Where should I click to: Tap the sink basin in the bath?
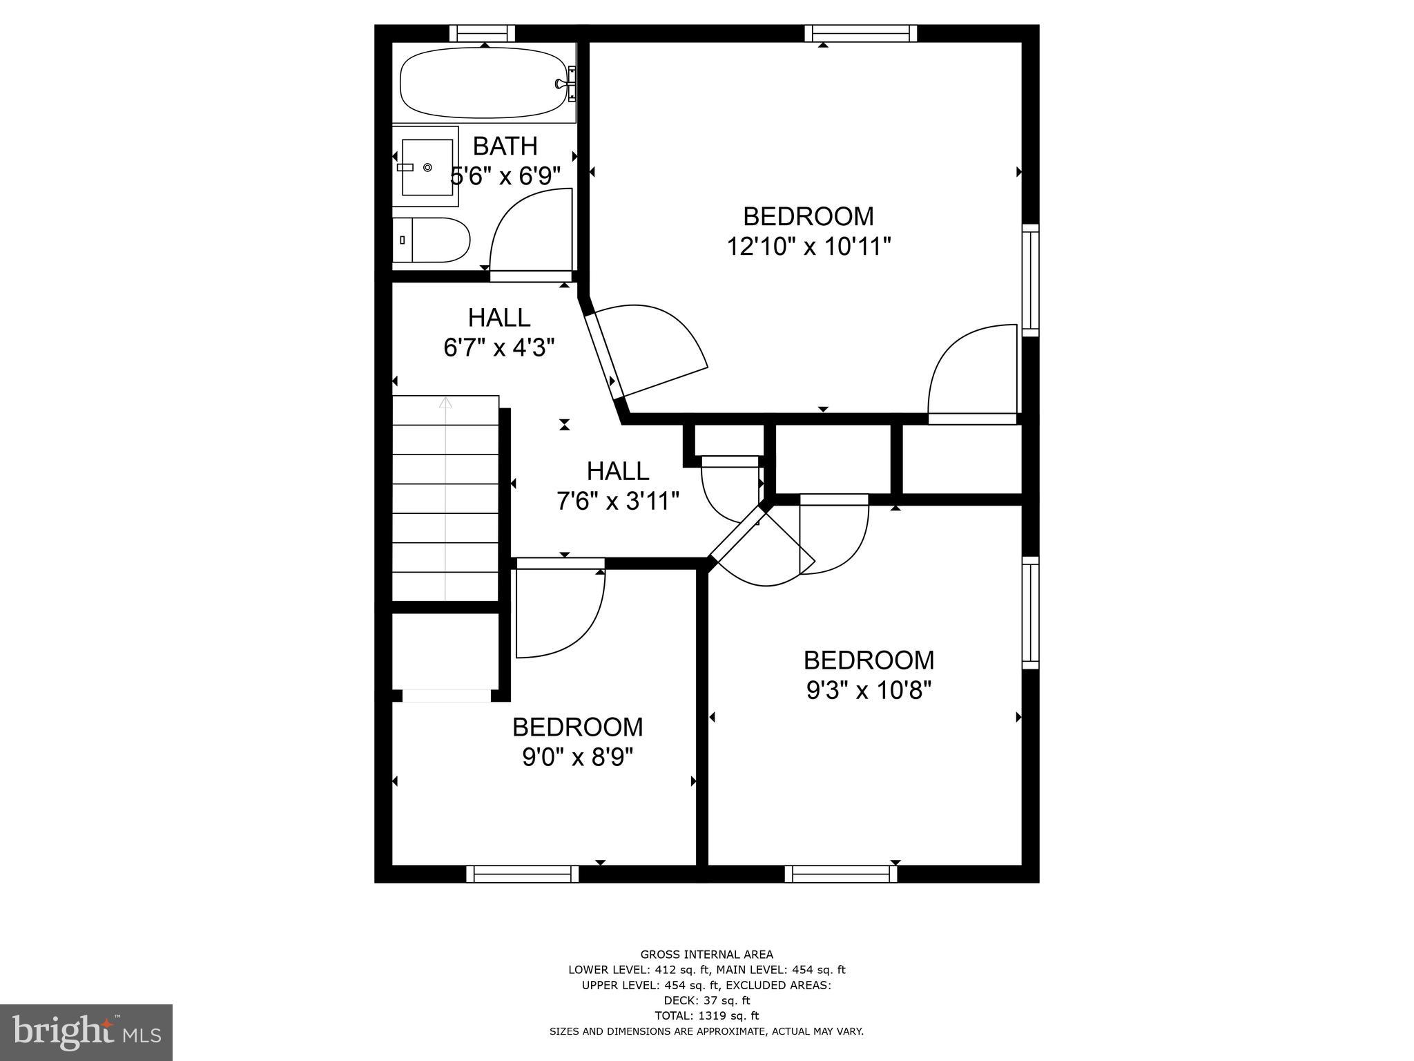coord(427,167)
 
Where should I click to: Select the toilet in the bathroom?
coord(432,240)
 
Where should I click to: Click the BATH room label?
coord(505,146)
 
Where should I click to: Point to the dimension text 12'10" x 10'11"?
coord(808,247)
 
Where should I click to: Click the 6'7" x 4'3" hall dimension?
coord(499,347)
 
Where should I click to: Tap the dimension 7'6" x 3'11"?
coord(618,501)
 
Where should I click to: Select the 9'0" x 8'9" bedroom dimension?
coord(578,758)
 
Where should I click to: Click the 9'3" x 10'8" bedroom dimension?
coord(869,690)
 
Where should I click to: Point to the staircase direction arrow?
coord(446,403)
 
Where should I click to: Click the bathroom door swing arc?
coord(525,221)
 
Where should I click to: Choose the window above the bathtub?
coord(483,33)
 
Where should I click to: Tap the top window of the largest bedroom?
coord(861,33)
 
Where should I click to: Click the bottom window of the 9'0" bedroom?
coord(523,874)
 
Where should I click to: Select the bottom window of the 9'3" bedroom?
coord(841,874)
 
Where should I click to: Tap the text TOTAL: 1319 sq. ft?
coord(706,1015)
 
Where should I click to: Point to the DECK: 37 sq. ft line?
coord(706,1000)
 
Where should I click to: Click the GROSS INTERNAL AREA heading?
coord(706,955)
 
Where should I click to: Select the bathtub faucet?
coord(563,84)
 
